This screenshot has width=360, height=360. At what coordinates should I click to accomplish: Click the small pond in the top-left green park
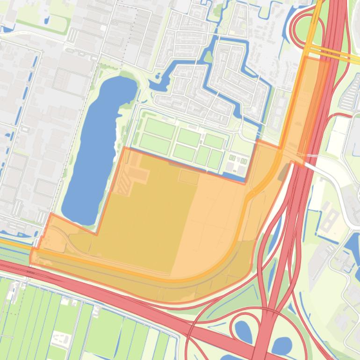pyautogui.click(x=46, y=20)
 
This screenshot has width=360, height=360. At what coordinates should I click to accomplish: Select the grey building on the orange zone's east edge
pyautogui.click(x=283, y=174)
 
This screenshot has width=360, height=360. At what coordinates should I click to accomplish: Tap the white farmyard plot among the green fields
pyautogui.click(x=60, y=338)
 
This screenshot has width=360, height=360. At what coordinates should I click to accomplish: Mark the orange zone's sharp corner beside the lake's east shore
pyautogui.click(x=124, y=148)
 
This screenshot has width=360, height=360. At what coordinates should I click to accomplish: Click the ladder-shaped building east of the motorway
pyautogui.click(x=329, y=220)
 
